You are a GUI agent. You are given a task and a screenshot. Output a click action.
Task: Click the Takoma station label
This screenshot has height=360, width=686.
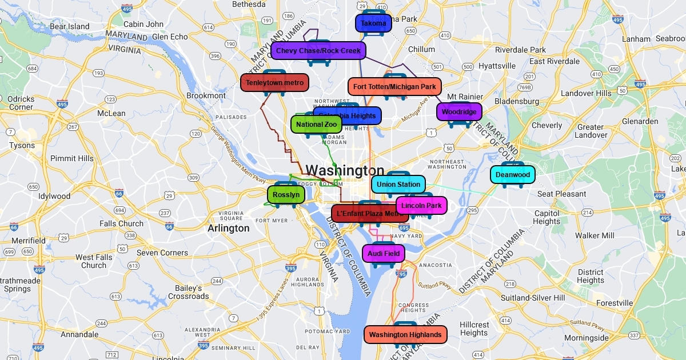pos(373,23)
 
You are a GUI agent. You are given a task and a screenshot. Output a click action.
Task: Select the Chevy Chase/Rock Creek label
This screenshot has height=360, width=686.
pos(318,51)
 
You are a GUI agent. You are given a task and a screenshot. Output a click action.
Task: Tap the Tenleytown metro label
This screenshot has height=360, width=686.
pos(274,83)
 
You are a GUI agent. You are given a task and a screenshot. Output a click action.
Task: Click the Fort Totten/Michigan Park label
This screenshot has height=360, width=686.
pos(394,87)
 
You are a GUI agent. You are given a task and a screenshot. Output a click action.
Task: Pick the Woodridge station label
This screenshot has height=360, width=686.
pos(459,112)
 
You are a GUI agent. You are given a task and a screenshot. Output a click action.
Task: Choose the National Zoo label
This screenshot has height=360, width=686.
pos(316,125)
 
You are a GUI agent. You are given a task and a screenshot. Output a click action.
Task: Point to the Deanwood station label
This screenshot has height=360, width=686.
pos(513,175)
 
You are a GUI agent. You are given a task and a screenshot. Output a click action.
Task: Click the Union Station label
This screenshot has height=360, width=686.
pos(398,185)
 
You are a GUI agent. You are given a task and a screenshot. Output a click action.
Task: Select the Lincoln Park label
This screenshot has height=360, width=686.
pos(421,206)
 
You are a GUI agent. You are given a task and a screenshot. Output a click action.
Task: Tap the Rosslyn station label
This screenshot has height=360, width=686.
pos(286,195)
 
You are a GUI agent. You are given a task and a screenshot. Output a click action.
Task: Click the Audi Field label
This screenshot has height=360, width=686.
pos(383,254)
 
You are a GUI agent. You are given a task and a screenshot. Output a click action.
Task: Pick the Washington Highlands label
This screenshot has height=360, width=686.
pos(405,335)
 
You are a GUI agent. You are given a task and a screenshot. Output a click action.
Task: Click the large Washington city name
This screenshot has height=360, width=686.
pos(345,170)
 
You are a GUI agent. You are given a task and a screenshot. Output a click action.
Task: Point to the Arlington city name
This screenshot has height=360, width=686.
pos(229,229)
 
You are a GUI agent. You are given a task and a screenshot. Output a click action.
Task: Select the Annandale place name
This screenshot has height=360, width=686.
pos(79,334)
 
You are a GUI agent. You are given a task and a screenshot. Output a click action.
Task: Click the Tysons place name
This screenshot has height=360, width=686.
pos(22,146)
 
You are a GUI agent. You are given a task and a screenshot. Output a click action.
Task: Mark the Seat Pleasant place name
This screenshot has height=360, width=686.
pos(561,194)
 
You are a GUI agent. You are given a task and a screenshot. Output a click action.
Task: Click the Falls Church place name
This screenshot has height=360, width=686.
pos(121,224)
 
